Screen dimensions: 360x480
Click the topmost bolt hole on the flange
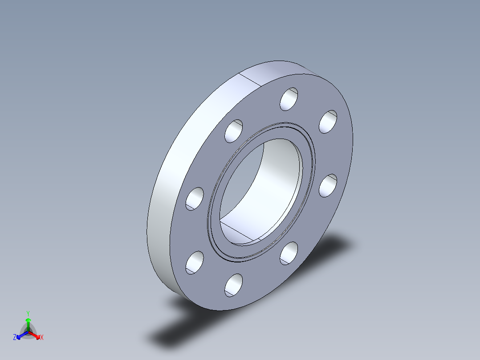[289, 99]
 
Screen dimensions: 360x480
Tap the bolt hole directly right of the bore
[328, 186]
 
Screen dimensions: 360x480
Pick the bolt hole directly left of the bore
[195, 199]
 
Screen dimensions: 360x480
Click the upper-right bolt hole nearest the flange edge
[328, 122]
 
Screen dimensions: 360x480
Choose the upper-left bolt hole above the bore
[234, 131]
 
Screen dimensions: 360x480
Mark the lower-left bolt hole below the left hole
[195, 262]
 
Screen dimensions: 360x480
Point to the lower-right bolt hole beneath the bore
[289, 253]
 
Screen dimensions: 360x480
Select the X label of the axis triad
[42, 338]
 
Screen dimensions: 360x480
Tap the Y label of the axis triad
[28, 313]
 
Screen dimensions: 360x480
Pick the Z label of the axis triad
[15, 338]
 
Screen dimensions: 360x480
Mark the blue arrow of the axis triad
[20, 336]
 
